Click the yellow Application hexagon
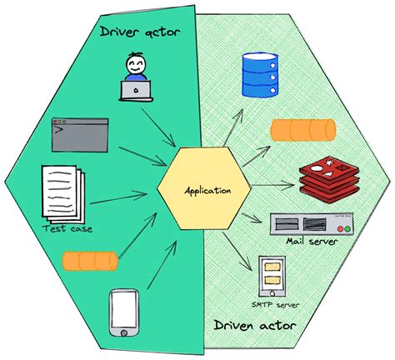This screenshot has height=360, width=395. click(x=197, y=190)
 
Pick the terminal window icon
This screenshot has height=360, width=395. click(x=80, y=134)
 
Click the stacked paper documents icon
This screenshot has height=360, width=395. click(x=63, y=191)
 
